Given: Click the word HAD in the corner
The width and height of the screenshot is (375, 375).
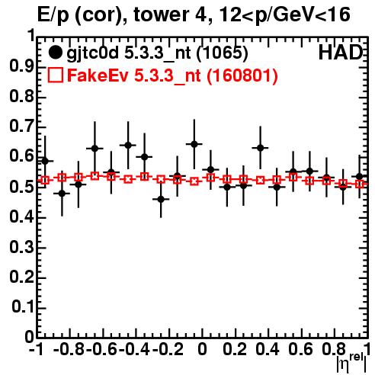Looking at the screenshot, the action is click(x=341, y=53).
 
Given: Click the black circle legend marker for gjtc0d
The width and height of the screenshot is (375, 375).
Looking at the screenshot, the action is click(x=55, y=53).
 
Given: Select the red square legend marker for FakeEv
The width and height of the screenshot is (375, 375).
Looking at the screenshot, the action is click(x=55, y=75).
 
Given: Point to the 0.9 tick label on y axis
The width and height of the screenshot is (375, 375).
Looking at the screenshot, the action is click(x=21, y=66).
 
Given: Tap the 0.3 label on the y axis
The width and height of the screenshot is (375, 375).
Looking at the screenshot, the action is click(x=21, y=247).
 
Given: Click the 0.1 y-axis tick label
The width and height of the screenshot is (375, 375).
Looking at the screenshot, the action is click(x=23, y=307).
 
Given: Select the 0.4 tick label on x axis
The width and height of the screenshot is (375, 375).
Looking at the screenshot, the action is click(x=268, y=349).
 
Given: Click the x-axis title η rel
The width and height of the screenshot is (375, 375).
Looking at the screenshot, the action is click(x=351, y=364).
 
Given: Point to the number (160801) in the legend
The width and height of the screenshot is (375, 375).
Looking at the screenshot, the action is click(x=242, y=75).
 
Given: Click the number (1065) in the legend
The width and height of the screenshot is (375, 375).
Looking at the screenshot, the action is click(x=223, y=53).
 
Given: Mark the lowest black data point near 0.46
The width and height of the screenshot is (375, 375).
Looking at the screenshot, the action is click(x=161, y=200).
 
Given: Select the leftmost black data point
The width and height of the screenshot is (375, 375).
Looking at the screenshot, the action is click(x=45, y=161).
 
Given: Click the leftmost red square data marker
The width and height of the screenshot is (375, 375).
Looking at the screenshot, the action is click(x=45, y=181).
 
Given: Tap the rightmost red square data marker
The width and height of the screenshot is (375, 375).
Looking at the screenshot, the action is click(x=360, y=184).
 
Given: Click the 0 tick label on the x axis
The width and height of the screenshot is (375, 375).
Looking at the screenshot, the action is click(x=202, y=349).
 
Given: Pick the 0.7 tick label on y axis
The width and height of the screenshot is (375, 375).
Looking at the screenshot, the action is click(x=21, y=127).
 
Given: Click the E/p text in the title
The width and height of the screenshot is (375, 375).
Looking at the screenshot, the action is click(x=53, y=15).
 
